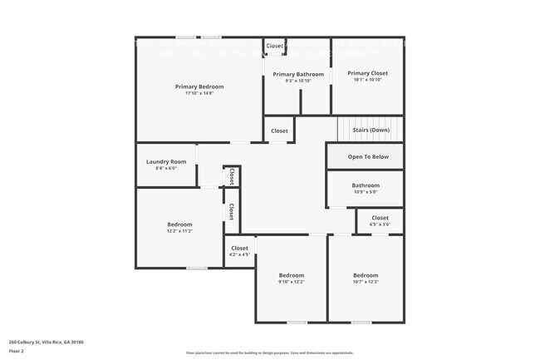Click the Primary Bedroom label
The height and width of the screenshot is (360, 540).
click(x=199, y=86)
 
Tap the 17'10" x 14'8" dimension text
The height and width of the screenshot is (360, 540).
click(x=199, y=93)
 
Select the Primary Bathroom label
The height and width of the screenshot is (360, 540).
click(x=298, y=74)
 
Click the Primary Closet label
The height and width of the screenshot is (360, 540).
click(x=367, y=73)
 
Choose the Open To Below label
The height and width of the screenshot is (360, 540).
click(x=367, y=156)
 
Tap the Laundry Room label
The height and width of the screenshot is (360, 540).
click(x=166, y=161)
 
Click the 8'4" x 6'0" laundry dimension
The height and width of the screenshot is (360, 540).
click(x=166, y=168)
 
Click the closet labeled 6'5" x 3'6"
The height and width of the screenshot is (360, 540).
click(x=380, y=218)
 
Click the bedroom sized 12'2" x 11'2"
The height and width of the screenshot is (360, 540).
click(x=179, y=224)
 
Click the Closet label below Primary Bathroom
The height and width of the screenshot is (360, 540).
click(x=279, y=131)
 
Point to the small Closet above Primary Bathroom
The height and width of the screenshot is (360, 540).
click(x=275, y=46)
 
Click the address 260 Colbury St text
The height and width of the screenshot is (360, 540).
click(x=47, y=342)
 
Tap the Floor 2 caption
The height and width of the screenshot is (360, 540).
click(x=16, y=352)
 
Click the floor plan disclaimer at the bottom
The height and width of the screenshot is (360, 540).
click(x=270, y=353)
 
